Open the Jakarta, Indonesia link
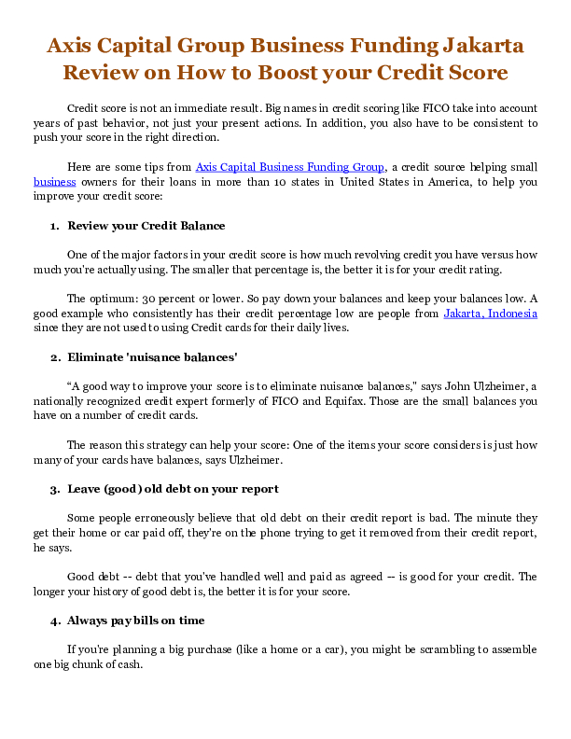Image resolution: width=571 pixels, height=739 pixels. pyautogui.click(x=490, y=314)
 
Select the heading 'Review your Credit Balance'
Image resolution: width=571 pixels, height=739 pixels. pyautogui.click(x=146, y=226)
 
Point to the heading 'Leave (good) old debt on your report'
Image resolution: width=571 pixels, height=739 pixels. pyautogui.click(x=173, y=489)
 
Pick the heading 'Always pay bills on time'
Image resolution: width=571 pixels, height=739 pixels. pyautogui.click(x=136, y=620)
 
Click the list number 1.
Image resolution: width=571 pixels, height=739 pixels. pyautogui.click(x=53, y=226)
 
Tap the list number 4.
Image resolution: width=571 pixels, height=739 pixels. pyautogui.click(x=53, y=620)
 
